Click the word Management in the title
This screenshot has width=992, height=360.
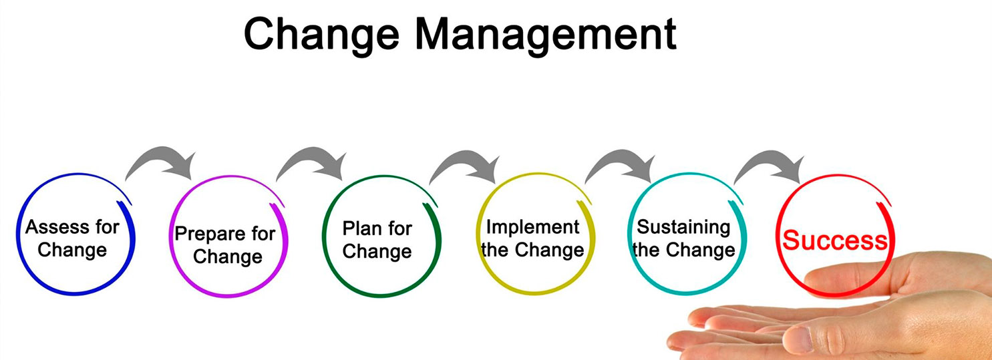[546, 36]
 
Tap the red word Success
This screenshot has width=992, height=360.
[835, 240]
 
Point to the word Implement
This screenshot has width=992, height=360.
[533, 228]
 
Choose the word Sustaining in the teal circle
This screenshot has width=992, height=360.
[683, 228]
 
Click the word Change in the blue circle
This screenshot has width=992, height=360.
[72, 250]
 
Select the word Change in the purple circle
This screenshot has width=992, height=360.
[228, 257]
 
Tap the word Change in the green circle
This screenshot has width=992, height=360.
[377, 252]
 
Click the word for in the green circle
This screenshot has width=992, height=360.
[399, 228]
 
